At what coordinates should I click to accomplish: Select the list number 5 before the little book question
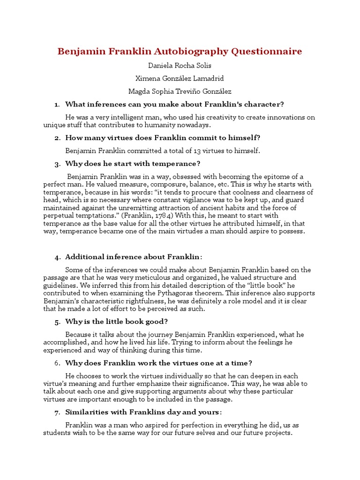point(57,322)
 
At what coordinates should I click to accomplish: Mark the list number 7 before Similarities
point(57,412)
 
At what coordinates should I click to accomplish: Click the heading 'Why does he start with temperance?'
point(133,164)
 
